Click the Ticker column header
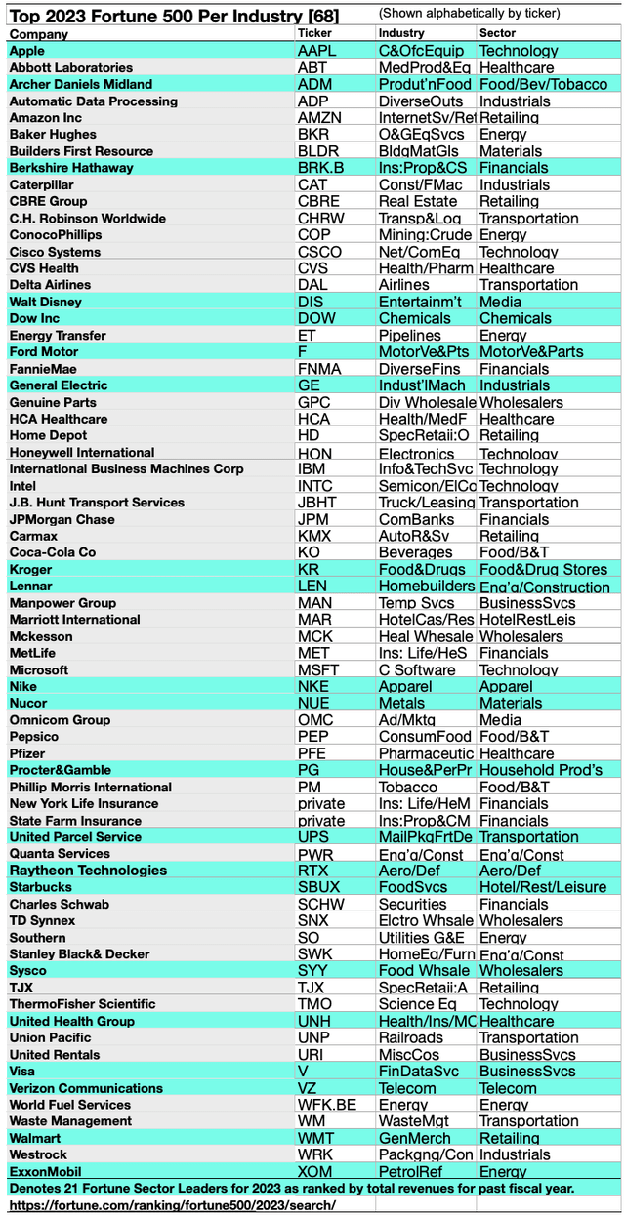tap(314, 33)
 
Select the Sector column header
tap(497, 33)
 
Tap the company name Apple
tap(27, 51)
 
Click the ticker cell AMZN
tap(319, 118)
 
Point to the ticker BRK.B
tap(320, 168)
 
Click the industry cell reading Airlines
tap(403, 285)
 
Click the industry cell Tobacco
tap(407, 787)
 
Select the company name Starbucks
tap(40, 887)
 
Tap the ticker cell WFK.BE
tap(325, 1105)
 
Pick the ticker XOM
tap(314, 1171)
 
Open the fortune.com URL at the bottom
tap(172, 1205)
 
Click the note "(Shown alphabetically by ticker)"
tap(469, 13)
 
